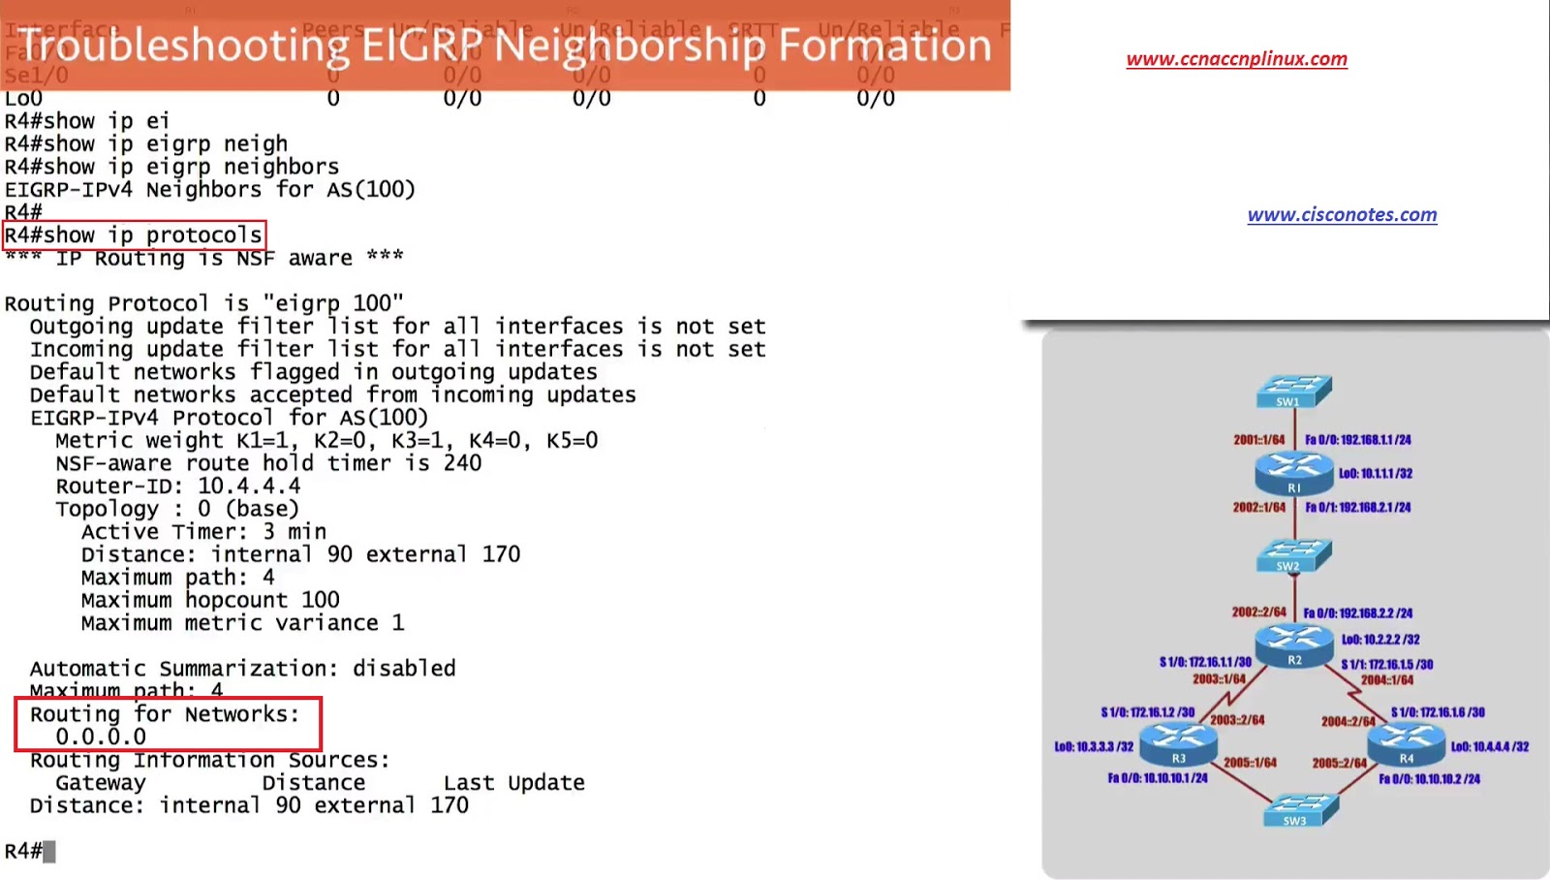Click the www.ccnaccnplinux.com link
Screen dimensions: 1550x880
[x=1236, y=59]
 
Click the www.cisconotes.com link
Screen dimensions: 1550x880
[x=1342, y=215]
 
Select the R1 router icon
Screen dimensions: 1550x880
[x=1293, y=473]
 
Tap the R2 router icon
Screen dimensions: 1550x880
[x=1294, y=645]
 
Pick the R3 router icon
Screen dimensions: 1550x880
[x=1178, y=744]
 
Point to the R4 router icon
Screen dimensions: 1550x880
[x=1406, y=744]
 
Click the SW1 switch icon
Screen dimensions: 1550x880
[x=1293, y=392]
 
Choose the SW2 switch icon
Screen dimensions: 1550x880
[x=1293, y=555]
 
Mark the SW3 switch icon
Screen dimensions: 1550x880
[x=1301, y=810]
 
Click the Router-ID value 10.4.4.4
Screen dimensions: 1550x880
[x=249, y=487]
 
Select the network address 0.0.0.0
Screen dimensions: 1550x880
[x=101, y=738]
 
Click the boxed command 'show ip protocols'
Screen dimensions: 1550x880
[x=134, y=236]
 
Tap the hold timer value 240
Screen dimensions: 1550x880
[x=462, y=463]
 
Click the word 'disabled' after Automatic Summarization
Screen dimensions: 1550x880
[x=404, y=669]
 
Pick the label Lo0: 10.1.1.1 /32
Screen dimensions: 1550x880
[x=1376, y=474]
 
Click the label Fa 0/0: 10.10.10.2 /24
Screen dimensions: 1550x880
[x=1429, y=779]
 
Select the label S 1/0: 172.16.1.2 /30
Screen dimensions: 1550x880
[x=1147, y=712]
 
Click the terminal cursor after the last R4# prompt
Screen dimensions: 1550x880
[x=49, y=852]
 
